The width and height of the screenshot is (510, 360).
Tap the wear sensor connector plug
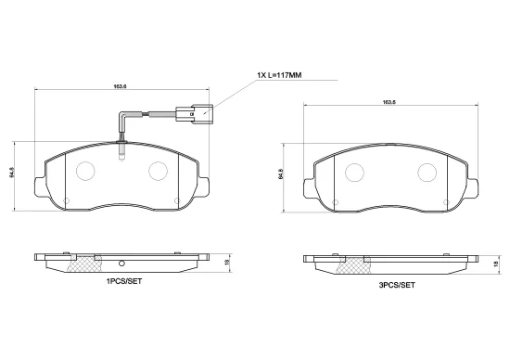(x=200, y=115)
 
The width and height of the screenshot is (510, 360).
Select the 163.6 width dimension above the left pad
(x=120, y=87)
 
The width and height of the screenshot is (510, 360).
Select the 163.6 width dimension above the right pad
(x=389, y=102)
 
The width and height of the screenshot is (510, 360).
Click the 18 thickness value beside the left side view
(x=237, y=263)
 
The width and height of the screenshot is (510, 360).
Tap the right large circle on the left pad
(x=158, y=172)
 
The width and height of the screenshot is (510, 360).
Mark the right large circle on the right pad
(x=427, y=172)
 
